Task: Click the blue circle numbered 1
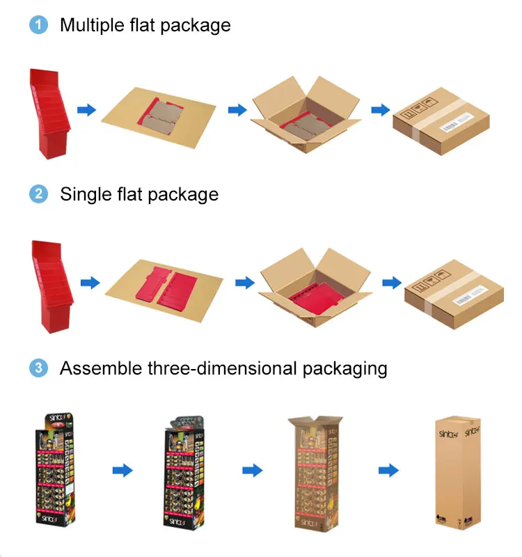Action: coord(38,26)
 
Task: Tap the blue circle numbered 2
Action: coord(38,194)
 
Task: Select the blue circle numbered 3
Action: coord(38,368)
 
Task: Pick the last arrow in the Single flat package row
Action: coord(392,283)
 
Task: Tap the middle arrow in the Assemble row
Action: coord(252,471)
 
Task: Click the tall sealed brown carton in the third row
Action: coord(457,473)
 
